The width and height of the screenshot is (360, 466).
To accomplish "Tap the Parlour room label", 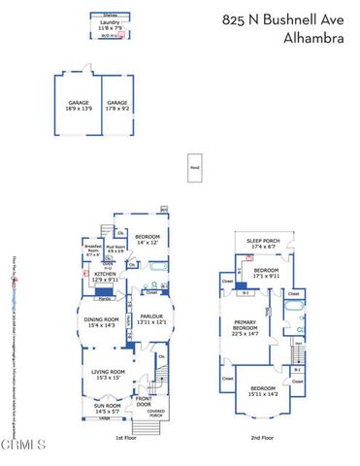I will pos(149,318).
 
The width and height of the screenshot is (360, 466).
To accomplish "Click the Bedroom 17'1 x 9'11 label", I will pos(267,272).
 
